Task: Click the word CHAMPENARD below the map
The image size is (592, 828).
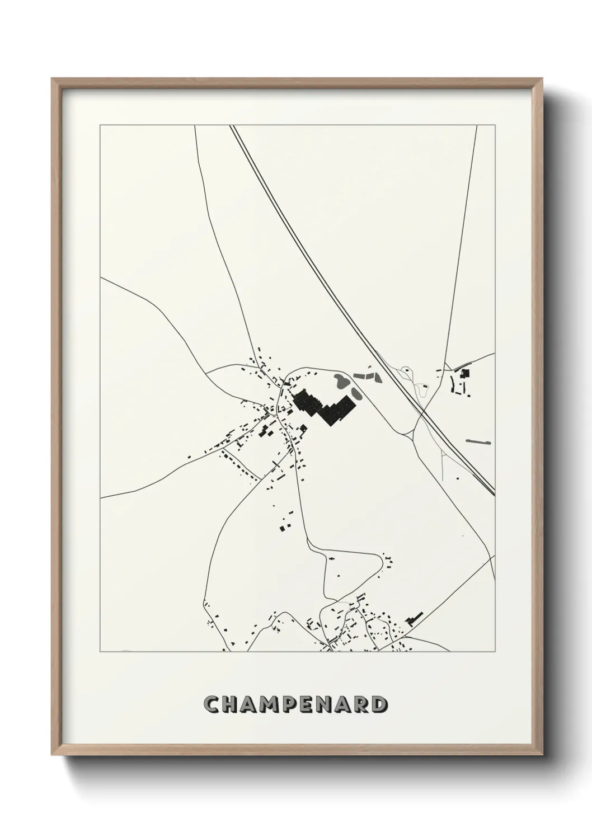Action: [295, 704]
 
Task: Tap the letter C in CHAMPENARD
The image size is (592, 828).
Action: [212, 704]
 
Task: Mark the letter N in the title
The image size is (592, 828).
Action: [322, 704]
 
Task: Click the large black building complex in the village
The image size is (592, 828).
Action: [325, 407]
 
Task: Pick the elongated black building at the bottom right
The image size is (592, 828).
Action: [415, 617]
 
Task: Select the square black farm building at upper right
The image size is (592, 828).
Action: [464, 373]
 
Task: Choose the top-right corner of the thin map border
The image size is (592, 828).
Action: [495, 126]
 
